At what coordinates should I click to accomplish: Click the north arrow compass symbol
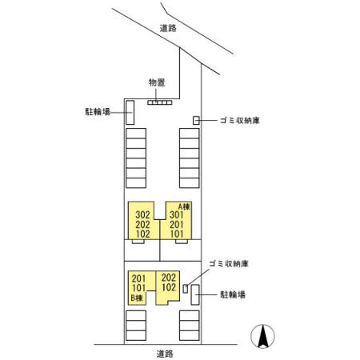pos(262,336)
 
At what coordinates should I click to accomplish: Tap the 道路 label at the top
pos(168,28)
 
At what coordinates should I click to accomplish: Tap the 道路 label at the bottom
pos(165,354)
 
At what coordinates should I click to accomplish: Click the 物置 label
pos(157,82)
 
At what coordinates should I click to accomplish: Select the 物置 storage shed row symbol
pos(160,102)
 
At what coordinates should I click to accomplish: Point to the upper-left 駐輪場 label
pos(98,111)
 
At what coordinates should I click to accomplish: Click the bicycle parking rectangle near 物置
pos(130,112)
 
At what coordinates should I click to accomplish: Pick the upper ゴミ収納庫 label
pos(240,120)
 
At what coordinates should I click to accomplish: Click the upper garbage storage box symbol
pos(196,120)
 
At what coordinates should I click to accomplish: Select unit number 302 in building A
pos(142,214)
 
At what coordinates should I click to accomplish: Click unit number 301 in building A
pos(177,214)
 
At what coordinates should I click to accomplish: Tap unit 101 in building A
pos(177,234)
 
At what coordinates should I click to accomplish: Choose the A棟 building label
pos(184,206)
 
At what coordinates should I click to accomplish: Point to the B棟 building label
pos(137,298)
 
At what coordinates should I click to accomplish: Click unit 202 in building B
pos(169,278)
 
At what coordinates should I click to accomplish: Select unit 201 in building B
pos(138,278)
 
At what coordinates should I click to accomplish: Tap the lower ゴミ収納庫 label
pos(229,264)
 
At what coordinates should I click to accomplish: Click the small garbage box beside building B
pos(186,289)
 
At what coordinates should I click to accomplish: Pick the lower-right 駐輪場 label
pos(233,294)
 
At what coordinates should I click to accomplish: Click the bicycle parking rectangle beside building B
pos(195,294)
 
